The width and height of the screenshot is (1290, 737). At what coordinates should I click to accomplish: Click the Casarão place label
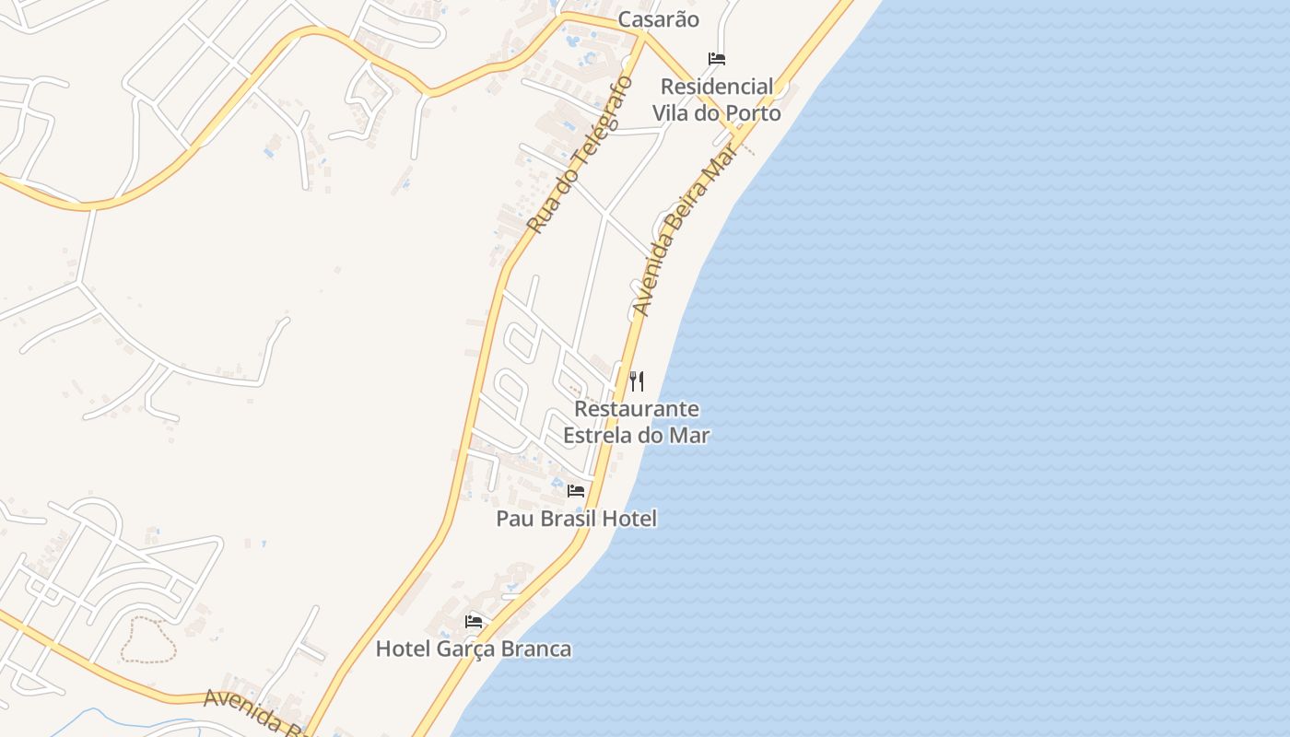658,19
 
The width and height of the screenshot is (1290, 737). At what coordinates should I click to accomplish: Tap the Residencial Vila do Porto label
717,99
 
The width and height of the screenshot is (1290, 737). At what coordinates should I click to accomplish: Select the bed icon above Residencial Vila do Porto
717,59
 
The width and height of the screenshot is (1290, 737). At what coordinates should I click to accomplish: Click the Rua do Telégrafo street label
580,155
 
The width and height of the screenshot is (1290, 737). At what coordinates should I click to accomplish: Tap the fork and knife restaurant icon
637,380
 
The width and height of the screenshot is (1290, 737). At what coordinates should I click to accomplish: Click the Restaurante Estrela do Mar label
637,421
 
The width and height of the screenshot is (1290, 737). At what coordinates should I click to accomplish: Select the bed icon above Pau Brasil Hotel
576,490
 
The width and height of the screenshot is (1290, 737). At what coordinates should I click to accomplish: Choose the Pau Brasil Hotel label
576,519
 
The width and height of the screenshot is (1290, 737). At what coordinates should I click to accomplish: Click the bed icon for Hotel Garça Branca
474,622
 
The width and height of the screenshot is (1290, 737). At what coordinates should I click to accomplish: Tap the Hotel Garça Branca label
473,649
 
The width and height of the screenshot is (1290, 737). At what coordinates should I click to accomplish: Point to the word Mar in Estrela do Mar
689,435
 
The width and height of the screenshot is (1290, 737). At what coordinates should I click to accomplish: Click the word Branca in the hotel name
534,649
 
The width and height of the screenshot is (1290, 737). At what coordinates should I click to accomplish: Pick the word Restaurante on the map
637,408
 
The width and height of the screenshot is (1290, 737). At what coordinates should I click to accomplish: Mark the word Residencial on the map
717,87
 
